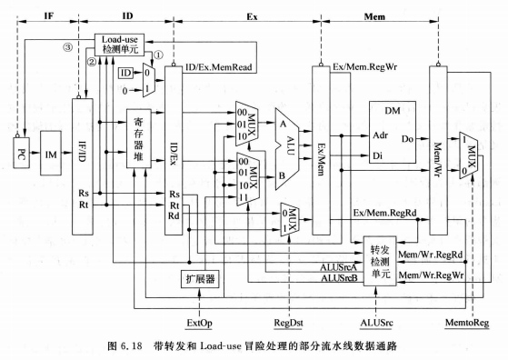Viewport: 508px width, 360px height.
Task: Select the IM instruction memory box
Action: coord(51,155)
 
